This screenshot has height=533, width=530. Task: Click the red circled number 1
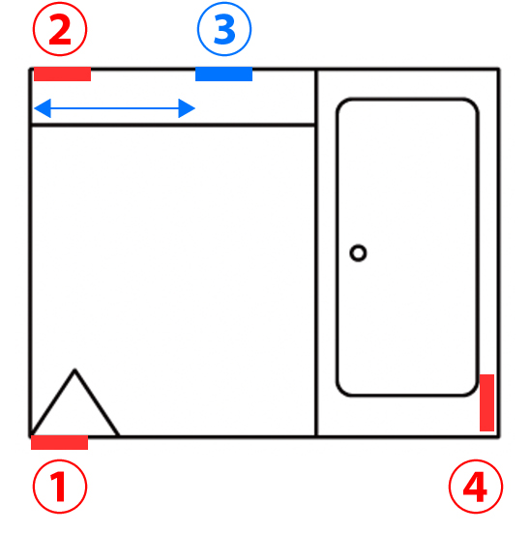(x=60, y=487)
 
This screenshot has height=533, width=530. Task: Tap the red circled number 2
(x=60, y=29)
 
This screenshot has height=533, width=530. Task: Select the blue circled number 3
(x=224, y=29)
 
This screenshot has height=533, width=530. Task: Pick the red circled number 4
(x=476, y=487)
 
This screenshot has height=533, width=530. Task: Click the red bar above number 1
(x=60, y=443)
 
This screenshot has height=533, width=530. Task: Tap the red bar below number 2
(x=62, y=74)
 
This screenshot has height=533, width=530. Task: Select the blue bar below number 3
(x=223, y=74)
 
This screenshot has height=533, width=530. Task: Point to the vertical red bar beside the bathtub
(x=486, y=402)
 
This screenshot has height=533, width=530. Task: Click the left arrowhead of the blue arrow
(x=43, y=108)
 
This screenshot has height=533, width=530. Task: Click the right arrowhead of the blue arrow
(x=187, y=108)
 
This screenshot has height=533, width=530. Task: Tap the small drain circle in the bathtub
(x=358, y=252)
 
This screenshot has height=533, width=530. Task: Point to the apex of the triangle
(x=74, y=370)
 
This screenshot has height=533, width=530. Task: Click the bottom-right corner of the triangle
(x=119, y=435)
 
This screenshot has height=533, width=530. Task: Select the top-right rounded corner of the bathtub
(x=473, y=104)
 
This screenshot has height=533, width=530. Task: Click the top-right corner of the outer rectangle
(x=499, y=70)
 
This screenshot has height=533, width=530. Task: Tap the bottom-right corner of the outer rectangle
(x=499, y=436)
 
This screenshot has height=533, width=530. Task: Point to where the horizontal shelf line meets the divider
(x=316, y=125)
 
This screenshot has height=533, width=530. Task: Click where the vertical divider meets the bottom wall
(x=316, y=436)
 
